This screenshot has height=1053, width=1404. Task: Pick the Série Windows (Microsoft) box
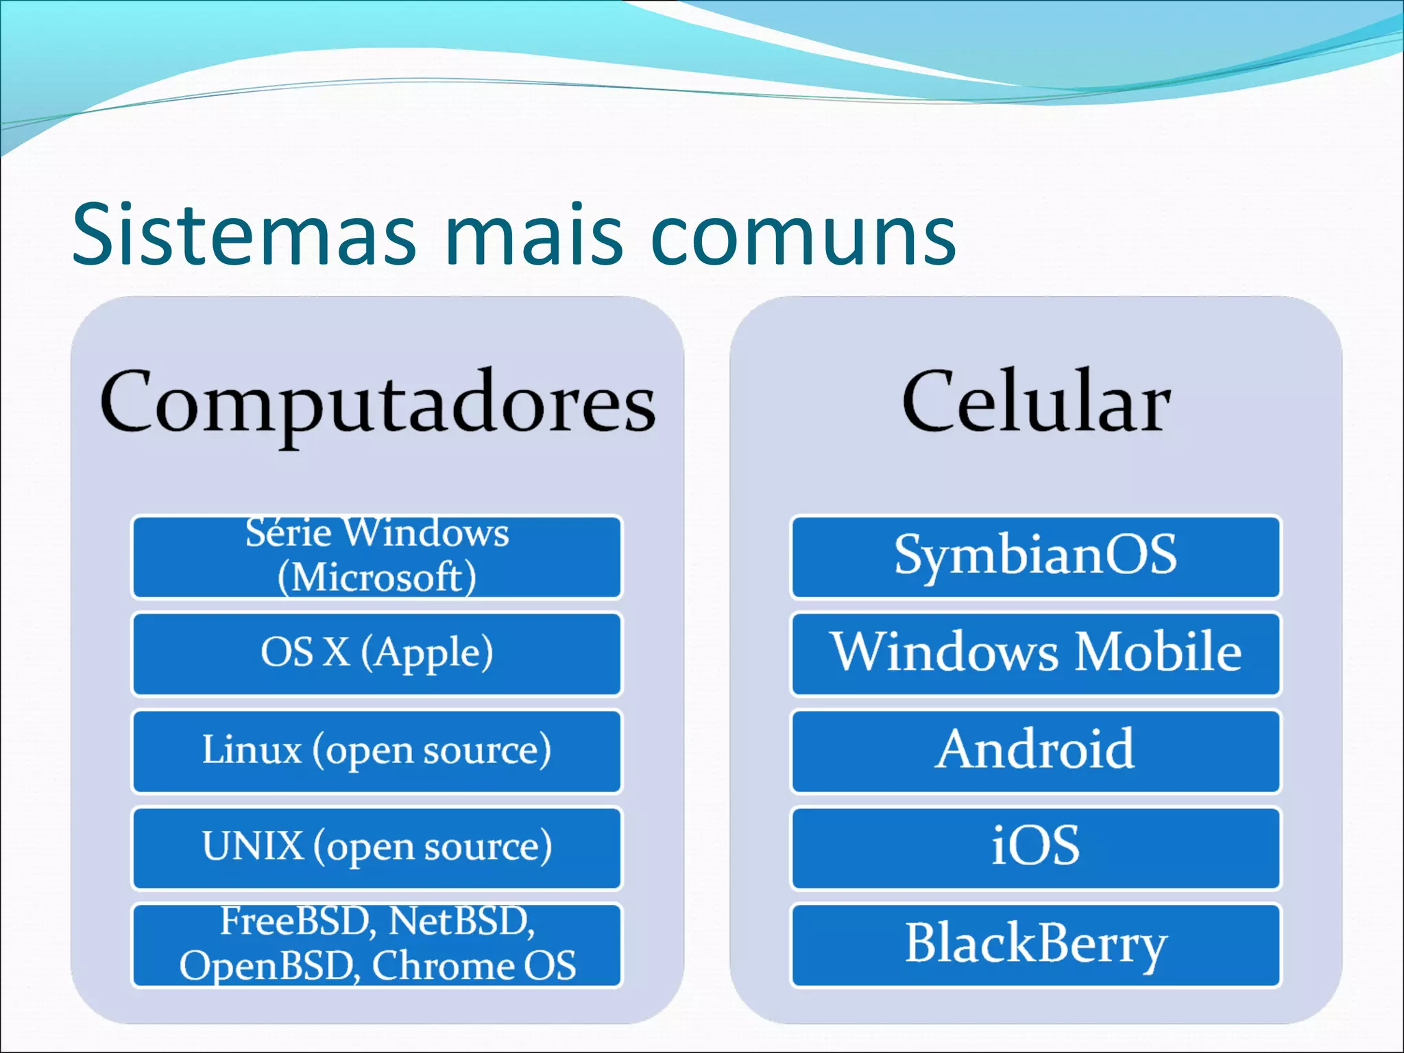[377, 557]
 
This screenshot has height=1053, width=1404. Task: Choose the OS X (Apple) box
[377, 654]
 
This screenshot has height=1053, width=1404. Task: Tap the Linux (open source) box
[377, 751]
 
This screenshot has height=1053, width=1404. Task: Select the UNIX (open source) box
[377, 848]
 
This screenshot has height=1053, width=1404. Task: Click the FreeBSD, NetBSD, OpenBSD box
[377, 945]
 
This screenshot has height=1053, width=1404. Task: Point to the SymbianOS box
[1035, 557]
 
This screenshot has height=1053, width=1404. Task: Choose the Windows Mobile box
[1035, 654]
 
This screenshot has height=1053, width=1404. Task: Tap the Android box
[1035, 751]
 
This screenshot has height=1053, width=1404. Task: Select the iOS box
[1035, 848]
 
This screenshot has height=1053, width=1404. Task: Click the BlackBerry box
[1035, 945]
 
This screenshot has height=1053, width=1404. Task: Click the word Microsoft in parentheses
[377, 577]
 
